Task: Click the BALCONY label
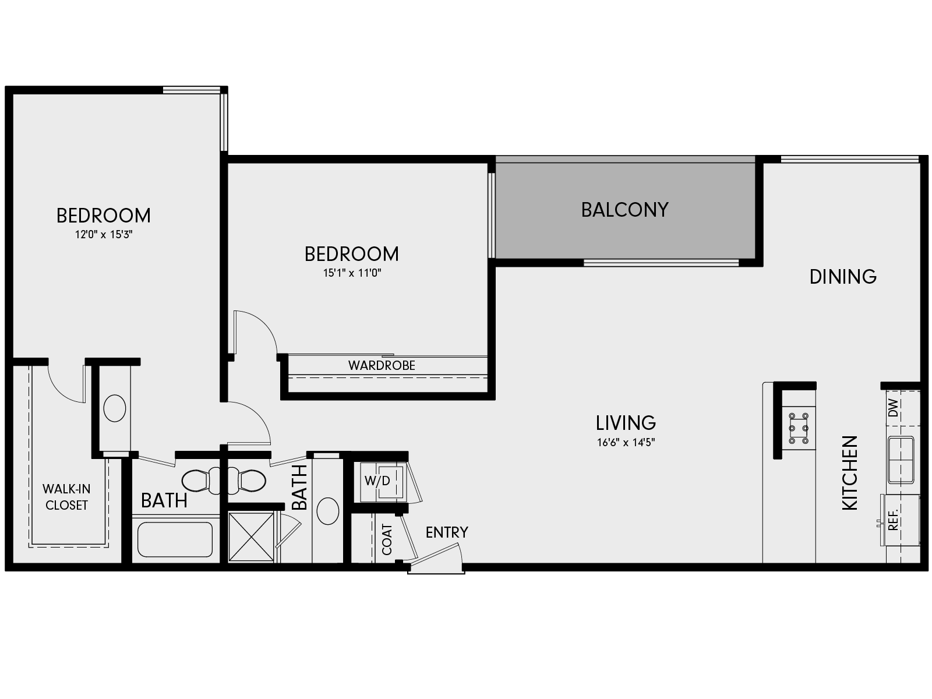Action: (x=624, y=210)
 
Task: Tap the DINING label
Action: (x=843, y=276)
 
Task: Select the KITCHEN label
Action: (x=850, y=473)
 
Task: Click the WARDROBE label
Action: (x=382, y=365)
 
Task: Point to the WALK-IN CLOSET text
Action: (x=66, y=497)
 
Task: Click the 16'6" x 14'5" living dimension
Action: (x=626, y=442)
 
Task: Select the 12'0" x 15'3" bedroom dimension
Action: (x=104, y=235)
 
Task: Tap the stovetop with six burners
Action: (x=798, y=429)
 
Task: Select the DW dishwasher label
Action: (x=894, y=408)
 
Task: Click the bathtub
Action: (x=175, y=539)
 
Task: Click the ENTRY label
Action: (x=447, y=532)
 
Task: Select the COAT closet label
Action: (x=387, y=539)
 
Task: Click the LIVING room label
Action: (x=626, y=422)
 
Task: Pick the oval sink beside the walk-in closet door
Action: (x=115, y=408)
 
